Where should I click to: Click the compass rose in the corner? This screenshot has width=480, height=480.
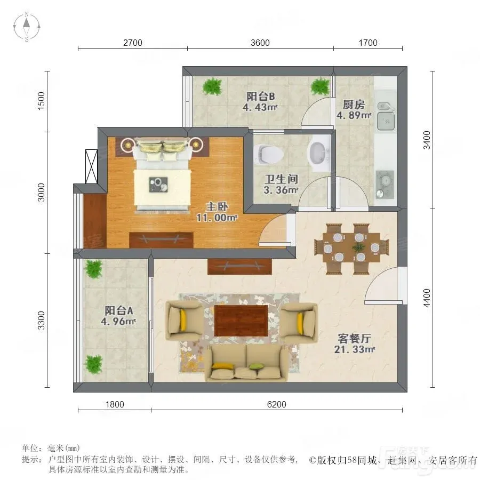[27, 27]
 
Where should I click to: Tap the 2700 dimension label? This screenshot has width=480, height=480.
[133, 43]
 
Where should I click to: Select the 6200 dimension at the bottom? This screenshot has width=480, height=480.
[276, 404]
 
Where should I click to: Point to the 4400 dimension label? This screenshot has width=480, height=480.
[427, 298]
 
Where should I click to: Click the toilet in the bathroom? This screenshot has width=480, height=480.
[267, 154]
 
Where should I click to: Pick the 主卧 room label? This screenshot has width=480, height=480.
[217, 206]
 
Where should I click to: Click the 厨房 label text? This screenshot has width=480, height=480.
[354, 105]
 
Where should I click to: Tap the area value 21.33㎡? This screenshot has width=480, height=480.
[355, 349]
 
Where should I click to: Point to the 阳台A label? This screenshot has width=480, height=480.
[119, 311]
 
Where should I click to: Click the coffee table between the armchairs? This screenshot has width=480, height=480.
[241, 321]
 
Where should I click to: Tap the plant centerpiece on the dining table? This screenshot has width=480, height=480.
[357, 246]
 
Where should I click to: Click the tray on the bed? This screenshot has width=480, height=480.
[158, 185]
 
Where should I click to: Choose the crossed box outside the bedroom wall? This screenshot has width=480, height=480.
[91, 166]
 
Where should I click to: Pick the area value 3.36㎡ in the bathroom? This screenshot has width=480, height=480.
[281, 190]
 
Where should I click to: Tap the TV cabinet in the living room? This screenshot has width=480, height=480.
[239, 267]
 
